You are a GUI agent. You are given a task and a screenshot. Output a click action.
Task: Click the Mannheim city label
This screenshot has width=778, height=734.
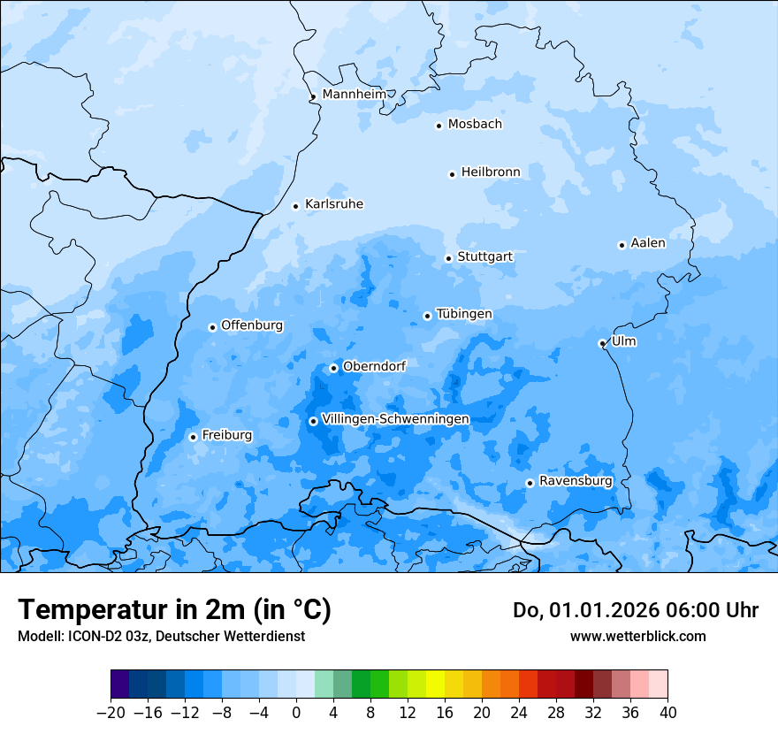click(354, 94)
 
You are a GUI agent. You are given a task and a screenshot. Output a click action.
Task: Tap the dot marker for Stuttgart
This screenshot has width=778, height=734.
click(448, 258)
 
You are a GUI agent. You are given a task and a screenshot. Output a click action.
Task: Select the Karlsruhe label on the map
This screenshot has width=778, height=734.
click(333, 204)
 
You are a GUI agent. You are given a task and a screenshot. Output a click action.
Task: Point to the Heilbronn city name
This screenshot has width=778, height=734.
click(491, 172)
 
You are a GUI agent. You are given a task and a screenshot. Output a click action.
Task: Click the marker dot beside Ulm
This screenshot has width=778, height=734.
click(602, 343)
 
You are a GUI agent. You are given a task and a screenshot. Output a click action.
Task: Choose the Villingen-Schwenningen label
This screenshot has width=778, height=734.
click(395, 419)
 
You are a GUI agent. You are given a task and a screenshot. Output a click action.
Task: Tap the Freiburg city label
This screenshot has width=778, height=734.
click(226, 435)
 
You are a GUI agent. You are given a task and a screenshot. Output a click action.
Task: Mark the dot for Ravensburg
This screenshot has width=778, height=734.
click(530, 483)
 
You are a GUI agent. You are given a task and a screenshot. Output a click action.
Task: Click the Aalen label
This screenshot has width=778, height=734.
click(648, 243)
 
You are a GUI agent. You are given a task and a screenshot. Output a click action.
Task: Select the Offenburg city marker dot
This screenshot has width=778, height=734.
click(212, 327)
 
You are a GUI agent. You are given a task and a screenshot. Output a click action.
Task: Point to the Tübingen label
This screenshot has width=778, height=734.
click(464, 314)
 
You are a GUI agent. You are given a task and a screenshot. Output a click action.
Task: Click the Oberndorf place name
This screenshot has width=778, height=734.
click(374, 366)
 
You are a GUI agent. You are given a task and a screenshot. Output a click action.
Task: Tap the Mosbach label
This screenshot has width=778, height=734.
click(475, 124)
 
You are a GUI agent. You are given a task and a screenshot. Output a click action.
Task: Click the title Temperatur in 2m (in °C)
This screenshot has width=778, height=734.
click(175, 609)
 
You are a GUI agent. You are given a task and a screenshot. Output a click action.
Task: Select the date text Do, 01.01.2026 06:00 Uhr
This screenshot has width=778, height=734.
click(636, 610)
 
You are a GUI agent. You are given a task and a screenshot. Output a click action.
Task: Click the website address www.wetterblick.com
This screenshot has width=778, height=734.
click(637, 636)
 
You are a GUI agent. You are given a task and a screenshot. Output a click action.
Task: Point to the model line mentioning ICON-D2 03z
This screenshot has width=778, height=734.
click(161, 636)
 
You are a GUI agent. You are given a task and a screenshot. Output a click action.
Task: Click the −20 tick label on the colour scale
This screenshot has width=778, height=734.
click(111, 713)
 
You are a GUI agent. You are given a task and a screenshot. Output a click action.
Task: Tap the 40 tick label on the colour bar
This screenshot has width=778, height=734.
click(667, 713)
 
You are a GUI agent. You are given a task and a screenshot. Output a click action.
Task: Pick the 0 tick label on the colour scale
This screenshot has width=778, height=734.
click(296, 713)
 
